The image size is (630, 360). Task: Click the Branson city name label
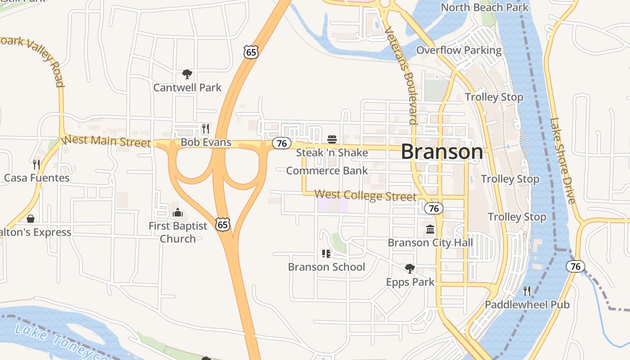pyautogui.click(x=442, y=152)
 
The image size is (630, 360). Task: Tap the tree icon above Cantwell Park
pyautogui.click(x=187, y=74)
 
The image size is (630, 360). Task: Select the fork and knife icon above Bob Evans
pyautogui.click(x=205, y=129)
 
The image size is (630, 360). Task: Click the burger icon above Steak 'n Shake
pyautogui.click(x=332, y=139)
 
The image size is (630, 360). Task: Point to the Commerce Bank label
pyautogui.click(x=327, y=171)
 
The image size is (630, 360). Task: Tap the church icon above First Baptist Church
pyautogui.click(x=178, y=212)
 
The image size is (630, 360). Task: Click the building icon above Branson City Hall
pyautogui.click(x=430, y=229)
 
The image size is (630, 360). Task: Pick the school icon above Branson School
pyautogui.click(x=326, y=254)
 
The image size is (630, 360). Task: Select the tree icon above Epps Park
pyautogui.click(x=409, y=269)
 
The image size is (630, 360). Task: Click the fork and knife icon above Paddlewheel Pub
pyautogui.click(x=527, y=291)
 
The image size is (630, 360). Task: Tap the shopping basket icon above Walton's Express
pyautogui.click(x=31, y=219)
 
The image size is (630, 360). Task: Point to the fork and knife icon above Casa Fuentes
pyautogui.click(x=36, y=164)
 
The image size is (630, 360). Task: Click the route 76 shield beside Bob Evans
pyautogui.click(x=281, y=144)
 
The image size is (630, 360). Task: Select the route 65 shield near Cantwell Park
pyautogui.click(x=251, y=52)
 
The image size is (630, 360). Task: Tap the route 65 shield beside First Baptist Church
pyautogui.click(x=223, y=224)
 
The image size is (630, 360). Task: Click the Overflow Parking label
pyautogui.click(x=459, y=50)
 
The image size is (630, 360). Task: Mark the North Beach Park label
pyautogui.click(x=484, y=7)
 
